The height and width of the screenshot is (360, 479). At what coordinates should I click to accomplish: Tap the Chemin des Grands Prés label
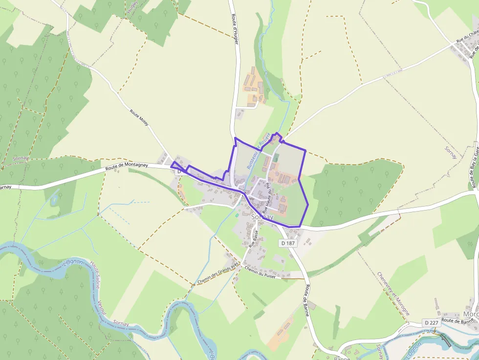point(218,275)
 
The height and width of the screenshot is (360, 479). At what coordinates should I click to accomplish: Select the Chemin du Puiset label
point(261,273)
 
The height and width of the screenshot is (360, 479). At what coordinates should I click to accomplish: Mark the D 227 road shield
point(432,322)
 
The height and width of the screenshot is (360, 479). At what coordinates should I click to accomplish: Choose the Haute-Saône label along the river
point(94,275)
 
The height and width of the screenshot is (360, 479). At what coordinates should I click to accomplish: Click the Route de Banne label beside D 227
point(460,321)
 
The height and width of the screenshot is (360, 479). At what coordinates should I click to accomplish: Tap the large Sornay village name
point(262,216)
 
